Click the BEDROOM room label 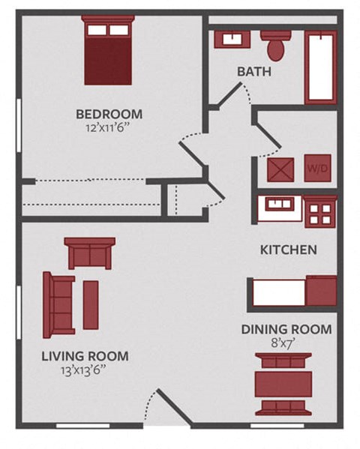click(x=109, y=114)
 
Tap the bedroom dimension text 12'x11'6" click(x=109, y=128)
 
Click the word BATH click(x=253, y=73)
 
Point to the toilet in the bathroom click(x=275, y=44)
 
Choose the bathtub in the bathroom click(x=321, y=66)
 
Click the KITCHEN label click(x=288, y=250)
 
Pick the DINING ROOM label click(x=286, y=329)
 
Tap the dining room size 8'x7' click(x=286, y=343)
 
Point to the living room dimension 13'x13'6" click(x=85, y=370)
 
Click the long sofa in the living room click(x=59, y=304)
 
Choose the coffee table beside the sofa click(x=91, y=304)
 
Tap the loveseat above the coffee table click(x=90, y=253)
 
